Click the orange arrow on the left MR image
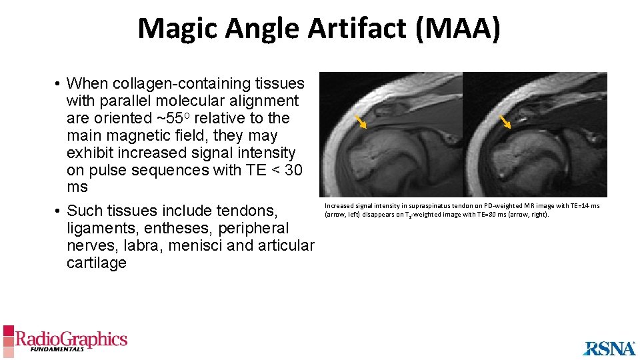pos(361,121)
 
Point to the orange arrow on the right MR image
pos(505,121)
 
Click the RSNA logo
pos(609,348)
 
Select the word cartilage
pos(97,263)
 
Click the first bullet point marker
pos(59,84)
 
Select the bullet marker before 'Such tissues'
pos(59,211)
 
